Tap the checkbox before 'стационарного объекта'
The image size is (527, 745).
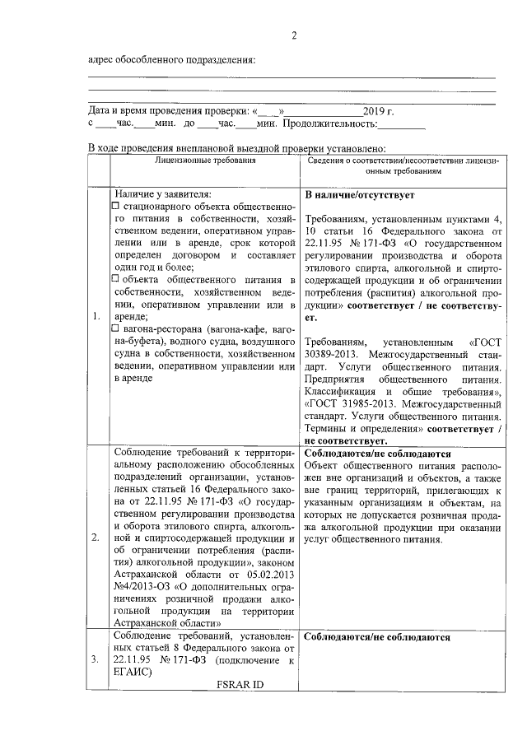[x=117, y=204]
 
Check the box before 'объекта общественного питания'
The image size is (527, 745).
[x=117, y=278]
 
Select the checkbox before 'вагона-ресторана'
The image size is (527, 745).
[x=117, y=328]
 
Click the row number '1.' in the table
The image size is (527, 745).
[x=98, y=315]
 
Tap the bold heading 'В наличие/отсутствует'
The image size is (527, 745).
[x=360, y=196]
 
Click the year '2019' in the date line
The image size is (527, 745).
[x=374, y=109]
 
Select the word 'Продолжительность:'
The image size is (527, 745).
[x=329, y=123]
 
